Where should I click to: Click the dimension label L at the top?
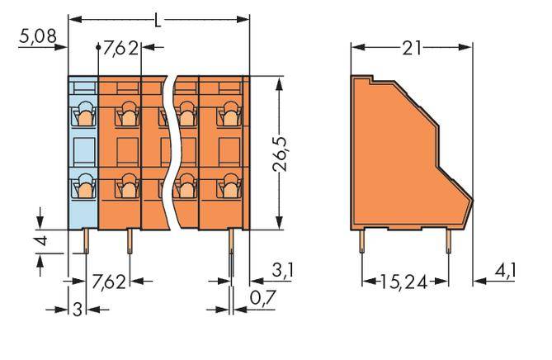(x=158, y=17)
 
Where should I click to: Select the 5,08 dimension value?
(x=35, y=36)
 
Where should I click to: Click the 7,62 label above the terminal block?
(x=121, y=48)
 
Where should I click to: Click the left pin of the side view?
(x=362, y=240)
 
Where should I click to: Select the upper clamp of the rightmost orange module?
(x=225, y=111)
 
